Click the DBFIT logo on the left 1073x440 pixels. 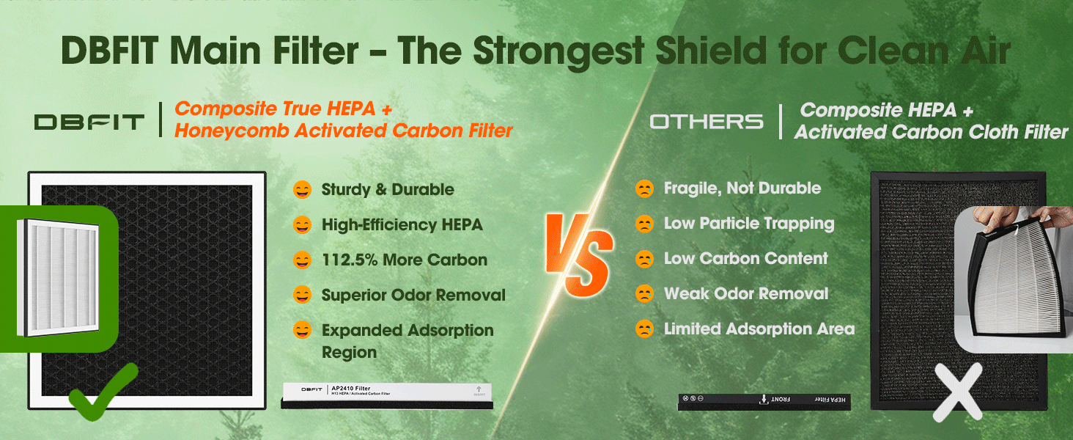(89, 122)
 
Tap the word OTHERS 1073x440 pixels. (707, 122)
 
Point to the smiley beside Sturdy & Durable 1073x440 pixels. (301, 190)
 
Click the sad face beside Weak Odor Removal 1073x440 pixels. (644, 294)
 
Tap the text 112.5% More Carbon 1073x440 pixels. (404, 260)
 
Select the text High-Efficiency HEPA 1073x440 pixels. (402, 225)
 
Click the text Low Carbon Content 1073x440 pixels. (745, 259)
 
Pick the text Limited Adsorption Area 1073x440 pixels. (759, 329)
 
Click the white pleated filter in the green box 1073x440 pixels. (57, 278)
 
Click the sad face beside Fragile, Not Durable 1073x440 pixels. (644, 188)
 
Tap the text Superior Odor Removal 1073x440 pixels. (413, 296)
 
